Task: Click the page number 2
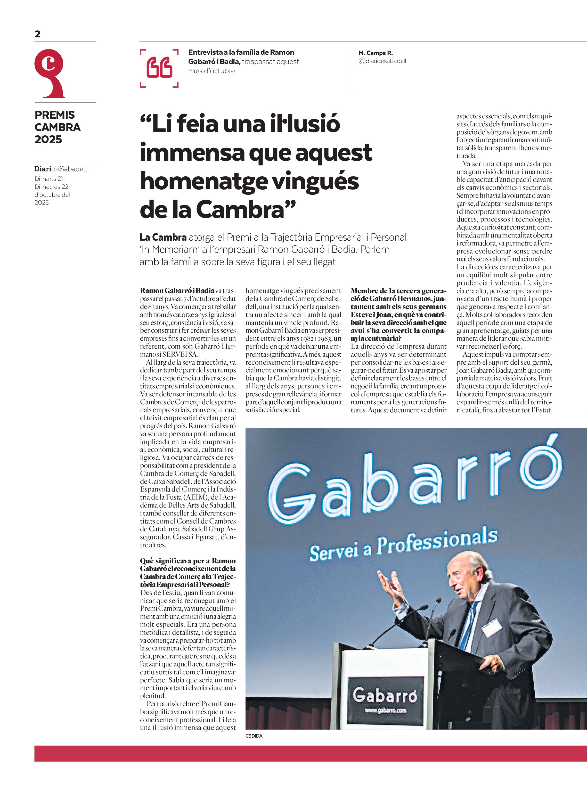click(x=38, y=34)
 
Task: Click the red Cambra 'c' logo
click(x=50, y=73)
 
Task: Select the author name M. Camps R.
click(x=375, y=53)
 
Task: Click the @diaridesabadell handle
click(x=382, y=61)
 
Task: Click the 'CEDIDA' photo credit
click(x=254, y=736)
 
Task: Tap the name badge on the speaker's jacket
click(x=492, y=627)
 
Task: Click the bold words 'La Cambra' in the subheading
click(x=163, y=237)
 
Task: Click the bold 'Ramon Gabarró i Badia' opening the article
click(x=177, y=291)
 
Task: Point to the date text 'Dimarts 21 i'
click(x=50, y=179)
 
